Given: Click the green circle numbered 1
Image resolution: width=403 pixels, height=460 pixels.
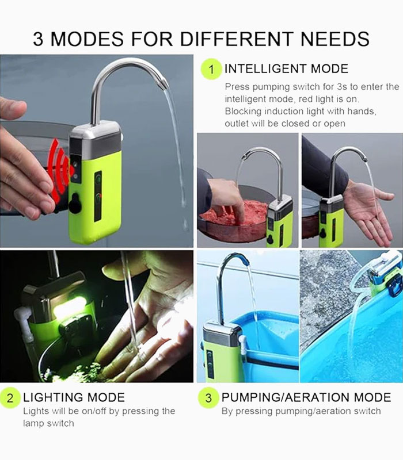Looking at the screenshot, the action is (211, 69).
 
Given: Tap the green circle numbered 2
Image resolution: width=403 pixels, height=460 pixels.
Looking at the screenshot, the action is (10, 398).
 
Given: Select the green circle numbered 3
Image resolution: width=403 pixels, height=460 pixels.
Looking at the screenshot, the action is (208, 398).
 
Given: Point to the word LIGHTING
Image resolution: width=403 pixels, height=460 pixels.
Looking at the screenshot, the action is (54, 397).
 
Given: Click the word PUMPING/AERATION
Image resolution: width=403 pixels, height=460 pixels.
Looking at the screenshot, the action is (286, 397).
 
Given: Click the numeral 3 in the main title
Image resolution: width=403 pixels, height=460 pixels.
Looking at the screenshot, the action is (38, 39).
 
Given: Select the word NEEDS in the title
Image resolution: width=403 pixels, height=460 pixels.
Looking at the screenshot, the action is (335, 39).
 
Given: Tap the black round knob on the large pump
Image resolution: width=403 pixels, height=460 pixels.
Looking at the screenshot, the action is (75, 203).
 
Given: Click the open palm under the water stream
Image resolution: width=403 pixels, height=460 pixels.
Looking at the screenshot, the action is (373, 212).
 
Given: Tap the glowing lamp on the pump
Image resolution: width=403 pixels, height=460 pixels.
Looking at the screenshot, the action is (70, 309).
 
